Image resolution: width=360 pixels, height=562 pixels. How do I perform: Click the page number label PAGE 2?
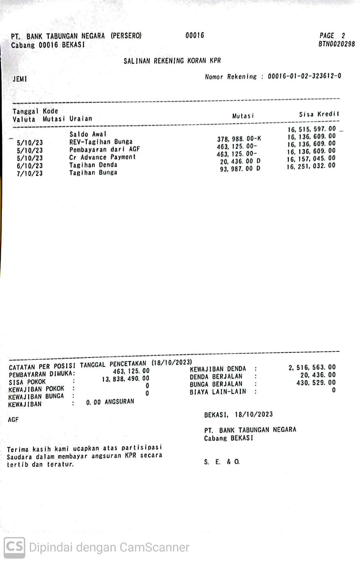pos(332,36)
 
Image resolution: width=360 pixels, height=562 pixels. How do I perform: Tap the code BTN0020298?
pos(336,44)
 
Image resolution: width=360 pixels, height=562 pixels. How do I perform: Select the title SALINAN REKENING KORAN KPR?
pos(172,61)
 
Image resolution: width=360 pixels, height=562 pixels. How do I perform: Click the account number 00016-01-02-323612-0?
pos(304,76)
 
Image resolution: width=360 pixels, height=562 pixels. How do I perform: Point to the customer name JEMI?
pos(20,79)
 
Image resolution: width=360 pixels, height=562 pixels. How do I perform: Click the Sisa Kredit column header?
pos(319,115)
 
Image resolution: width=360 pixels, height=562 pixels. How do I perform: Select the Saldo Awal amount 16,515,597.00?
pos(311,129)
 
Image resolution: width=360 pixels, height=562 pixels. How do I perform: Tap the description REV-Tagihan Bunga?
pos(101,142)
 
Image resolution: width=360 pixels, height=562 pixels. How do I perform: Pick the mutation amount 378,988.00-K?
pos(239,139)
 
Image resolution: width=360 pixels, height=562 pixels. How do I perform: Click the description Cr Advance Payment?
pos(102,157)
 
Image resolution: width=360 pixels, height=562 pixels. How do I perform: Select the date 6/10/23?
pos(29,166)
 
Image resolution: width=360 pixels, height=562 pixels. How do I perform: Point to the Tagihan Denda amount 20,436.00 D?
pos(240,162)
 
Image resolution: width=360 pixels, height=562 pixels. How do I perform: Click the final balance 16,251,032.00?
pos(311,166)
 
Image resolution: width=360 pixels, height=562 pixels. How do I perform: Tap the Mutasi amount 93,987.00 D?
pos(240,169)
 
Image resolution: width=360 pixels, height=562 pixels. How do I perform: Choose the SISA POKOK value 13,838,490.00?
pos(126,379)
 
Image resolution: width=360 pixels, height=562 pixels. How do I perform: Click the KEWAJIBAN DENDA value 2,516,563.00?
pos(312,367)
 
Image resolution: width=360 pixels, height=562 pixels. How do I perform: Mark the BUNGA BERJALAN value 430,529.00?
pos(316,383)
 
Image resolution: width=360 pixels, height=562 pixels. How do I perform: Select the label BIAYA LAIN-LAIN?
pos(218,392)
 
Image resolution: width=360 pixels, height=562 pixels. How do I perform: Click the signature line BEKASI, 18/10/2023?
pos(238,414)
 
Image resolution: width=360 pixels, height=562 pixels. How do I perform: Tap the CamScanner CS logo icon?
pos(14,547)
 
